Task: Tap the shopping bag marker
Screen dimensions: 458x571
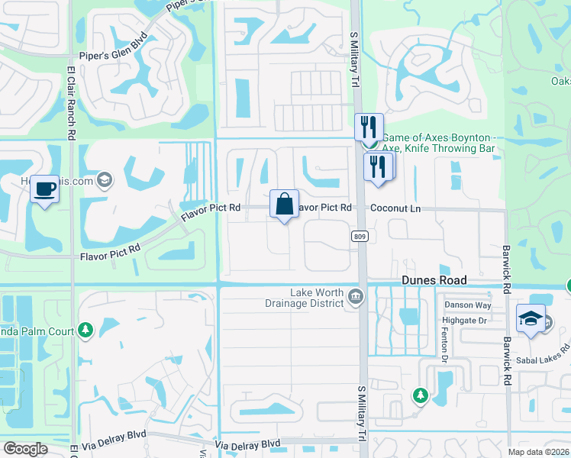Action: [284, 205]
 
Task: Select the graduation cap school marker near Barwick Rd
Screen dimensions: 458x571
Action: [531, 319]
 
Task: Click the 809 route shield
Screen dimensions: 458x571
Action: [360, 237]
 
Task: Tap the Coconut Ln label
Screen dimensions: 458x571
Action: [395, 208]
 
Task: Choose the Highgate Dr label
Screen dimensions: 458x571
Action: [465, 321]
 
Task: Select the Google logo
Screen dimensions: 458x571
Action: [25, 449]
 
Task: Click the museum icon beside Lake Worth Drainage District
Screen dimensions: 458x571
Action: [355, 297]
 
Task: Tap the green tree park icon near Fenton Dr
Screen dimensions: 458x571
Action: [419, 395]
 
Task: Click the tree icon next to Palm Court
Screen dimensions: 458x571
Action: [84, 331]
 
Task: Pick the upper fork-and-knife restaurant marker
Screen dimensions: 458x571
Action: [369, 126]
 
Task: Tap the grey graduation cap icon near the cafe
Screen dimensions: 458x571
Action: [105, 180]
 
